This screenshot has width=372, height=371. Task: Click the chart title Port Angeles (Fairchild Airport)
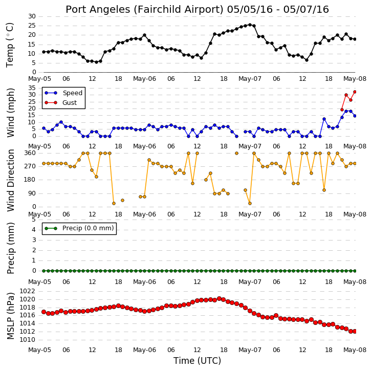pos(144,10)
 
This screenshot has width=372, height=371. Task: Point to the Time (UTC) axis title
pos(197,361)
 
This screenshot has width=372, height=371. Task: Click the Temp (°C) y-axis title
pos(10,45)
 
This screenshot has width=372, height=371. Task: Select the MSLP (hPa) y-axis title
pos(10,316)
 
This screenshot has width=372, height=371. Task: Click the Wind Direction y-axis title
pos(10,180)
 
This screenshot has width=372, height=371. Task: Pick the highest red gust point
pos(355,92)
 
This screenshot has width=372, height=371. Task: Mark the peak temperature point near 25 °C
pos(250,25)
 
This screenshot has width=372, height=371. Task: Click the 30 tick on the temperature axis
pos(32,16)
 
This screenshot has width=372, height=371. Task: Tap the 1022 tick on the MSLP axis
pos(27,291)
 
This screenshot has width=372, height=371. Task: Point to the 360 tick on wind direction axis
pos(30,153)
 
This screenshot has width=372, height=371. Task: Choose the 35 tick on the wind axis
pos(32,88)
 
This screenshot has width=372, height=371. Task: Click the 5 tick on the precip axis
pos(34,220)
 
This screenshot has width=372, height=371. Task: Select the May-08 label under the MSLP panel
pos(355,350)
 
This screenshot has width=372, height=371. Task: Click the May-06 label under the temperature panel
pos(144,78)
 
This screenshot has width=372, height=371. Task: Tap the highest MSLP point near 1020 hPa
pos(219,298)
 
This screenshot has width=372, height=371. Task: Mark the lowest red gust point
pos(342,110)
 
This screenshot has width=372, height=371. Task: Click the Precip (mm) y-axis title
pos(10,248)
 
